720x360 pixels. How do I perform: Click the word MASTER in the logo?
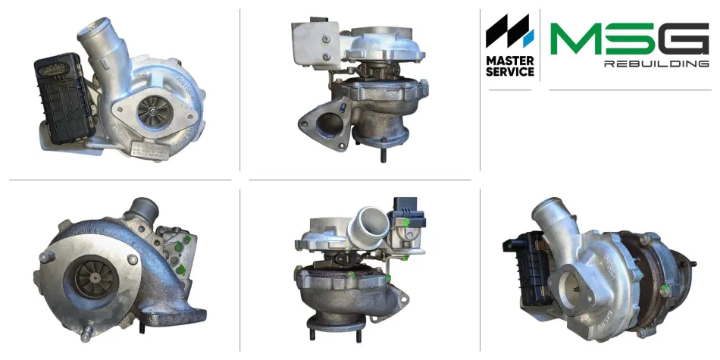pyautogui.click(x=510, y=61)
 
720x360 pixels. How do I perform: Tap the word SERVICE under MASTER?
pyautogui.click(x=510, y=72)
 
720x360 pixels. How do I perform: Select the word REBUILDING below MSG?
pyautogui.click(x=656, y=64)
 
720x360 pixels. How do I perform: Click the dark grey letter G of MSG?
pyautogui.click(x=684, y=39)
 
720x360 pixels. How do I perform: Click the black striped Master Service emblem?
pyautogui.click(x=510, y=31)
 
